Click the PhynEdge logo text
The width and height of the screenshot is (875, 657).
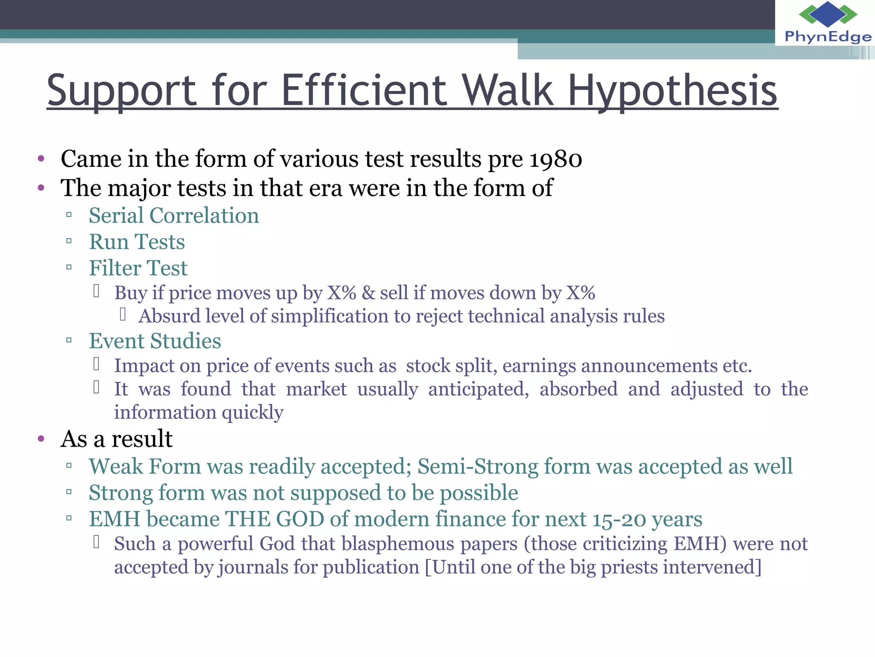point(828,37)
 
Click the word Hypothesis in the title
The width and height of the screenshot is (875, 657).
point(672,91)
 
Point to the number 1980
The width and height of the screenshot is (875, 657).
point(555,159)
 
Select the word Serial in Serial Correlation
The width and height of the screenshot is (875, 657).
point(116,215)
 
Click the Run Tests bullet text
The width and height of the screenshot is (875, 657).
point(137,242)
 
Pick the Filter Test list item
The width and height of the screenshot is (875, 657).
point(138,268)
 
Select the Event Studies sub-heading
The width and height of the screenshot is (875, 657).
point(155,341)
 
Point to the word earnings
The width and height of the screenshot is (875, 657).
point(539,366)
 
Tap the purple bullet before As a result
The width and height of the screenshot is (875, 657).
point(41,438)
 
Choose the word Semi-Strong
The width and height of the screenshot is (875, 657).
point(478,466)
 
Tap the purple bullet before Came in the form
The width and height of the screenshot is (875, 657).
point(41,159)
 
